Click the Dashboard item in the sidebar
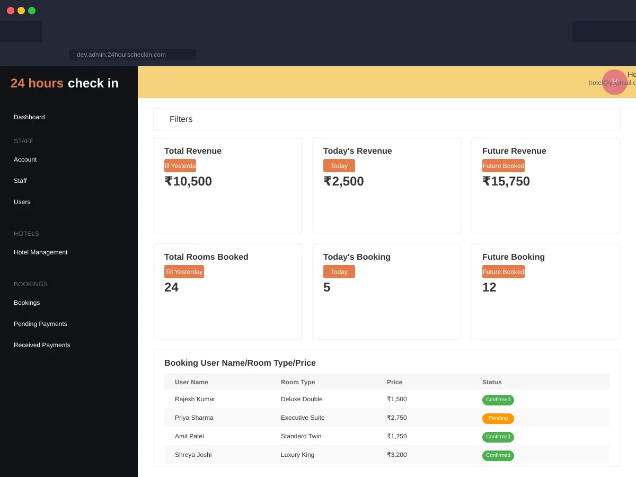coord(29,117)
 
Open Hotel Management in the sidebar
coord(40,252)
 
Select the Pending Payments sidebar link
coord(40,324)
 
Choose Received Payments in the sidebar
coord(42,345)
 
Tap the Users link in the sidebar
coord(22,202)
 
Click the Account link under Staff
coord(25,160)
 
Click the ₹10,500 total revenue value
coord(188,181)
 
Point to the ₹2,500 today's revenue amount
coord(343,181)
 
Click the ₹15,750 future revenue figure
coord(506,181)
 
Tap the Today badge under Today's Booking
coord(339,272)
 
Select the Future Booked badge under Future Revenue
coord(503,166)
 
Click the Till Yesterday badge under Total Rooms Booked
coord(184,272)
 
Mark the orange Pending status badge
coord(498,418)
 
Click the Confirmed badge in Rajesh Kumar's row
coord(498,400)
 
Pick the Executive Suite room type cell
coord(303,418)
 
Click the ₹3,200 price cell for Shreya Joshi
coord(397,455)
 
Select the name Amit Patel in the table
coord(189,436)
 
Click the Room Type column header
coord(298,382)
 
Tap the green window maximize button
coord(32,11)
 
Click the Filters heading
coord(181,119)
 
